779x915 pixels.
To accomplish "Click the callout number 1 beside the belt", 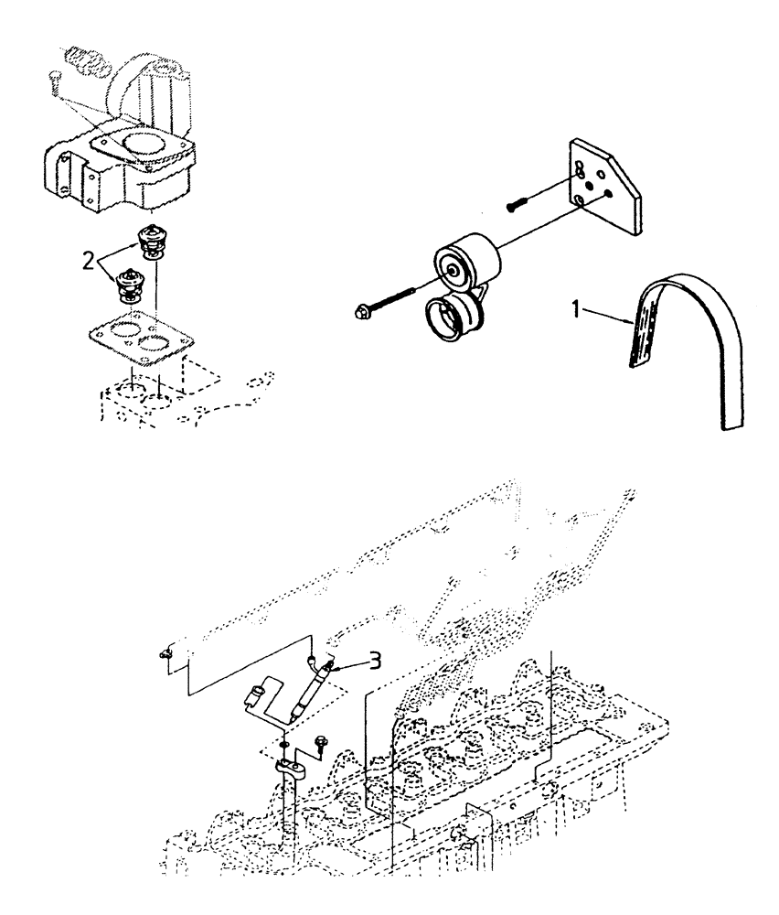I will [577, 310].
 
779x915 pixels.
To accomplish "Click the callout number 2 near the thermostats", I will [88, 262].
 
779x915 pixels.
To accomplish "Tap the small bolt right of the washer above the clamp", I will [321, 743].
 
